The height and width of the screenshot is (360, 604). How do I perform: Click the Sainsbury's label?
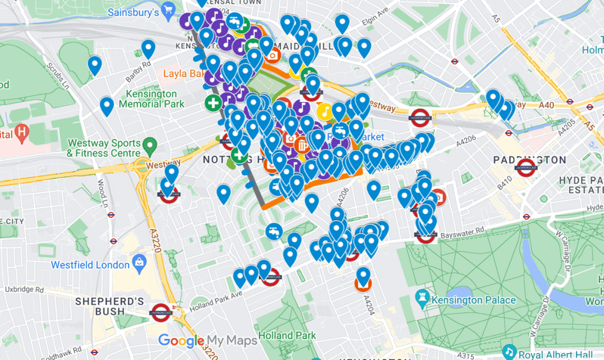click(x=132, y=13)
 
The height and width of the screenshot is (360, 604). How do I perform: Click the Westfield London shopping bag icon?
click(x=139, y=262)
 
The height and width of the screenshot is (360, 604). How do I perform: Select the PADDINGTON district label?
click(x=530, y=160)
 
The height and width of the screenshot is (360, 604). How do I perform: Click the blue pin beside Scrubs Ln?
click(x=95, y=66)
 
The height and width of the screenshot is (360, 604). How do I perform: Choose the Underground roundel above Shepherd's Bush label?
click(x=160, y=312)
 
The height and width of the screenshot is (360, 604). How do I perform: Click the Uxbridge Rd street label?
click(x=26, y=290)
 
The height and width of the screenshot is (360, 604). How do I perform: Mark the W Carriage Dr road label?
click(x=565, y=254)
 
